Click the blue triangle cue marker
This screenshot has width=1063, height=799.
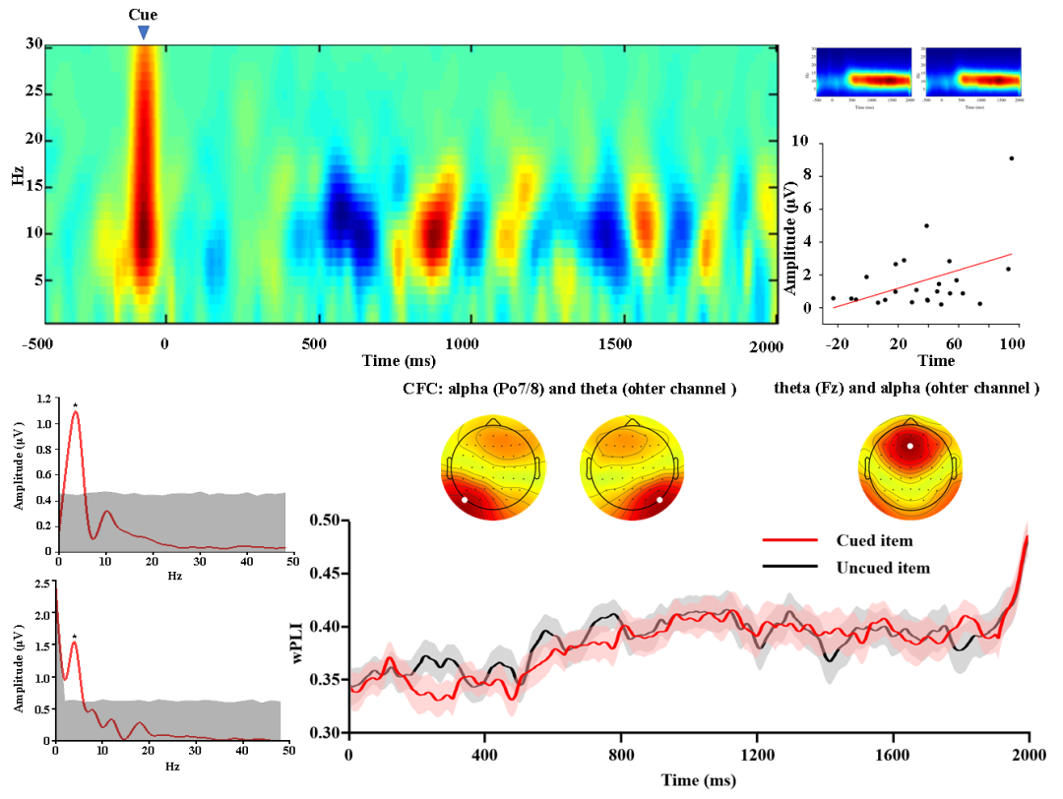pyautogui.click(x=144, y=32)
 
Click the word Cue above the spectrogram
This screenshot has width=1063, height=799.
pyautogui.click(x=144, y=15)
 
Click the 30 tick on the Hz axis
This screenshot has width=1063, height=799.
pyautogui.click(x=33, y=44)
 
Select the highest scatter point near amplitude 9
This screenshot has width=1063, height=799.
pyautogui.click(x=1011, y=157)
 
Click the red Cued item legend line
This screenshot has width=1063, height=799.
pyautogui.click(x=790, y=540)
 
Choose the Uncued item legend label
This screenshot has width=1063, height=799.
pyautogui.click(x=883, y=568)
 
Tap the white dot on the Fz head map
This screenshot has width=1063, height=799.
pyautogui.click(x=910, y=446)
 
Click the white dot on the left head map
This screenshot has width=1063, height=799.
pyautogui.click(x=464, y=500)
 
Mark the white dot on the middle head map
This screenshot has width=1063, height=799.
pyautogui.click(x=658, y=500)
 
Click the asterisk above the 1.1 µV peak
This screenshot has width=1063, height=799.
pyautogui.click(x=74, y=405)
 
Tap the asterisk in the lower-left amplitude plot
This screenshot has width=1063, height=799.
pyautogui.click(x=74, y=637)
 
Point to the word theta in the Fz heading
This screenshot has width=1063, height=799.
pyautogui.click(x=792, y=388)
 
